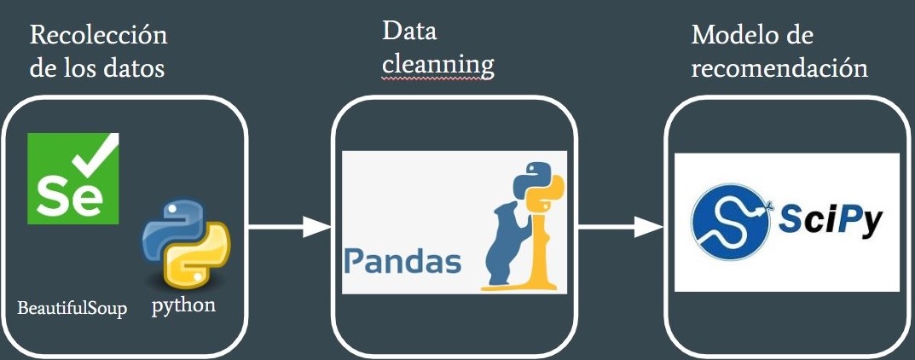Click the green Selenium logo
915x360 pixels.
click(x=73, y=178)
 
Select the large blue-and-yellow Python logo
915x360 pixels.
click(x=186, y=244)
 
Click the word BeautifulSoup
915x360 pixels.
click(x=72, y=308)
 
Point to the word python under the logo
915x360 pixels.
click(x=184, y=305)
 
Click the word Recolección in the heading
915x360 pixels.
click(x=99, y=36)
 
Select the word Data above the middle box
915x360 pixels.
click(x=409, y=32)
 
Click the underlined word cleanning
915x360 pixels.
click(x=438, y=66)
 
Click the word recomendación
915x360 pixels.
click(x=779, y=69)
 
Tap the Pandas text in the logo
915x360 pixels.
click(x=402, y=263)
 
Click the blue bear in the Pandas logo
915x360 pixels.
click(x=509, y=242)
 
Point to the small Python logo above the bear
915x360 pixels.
click(x=538, y=187)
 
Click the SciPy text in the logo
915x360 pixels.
click(x=832, y=222)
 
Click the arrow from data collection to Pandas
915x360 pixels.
click(x=290, y=226)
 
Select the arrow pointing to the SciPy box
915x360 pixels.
click(x=621, y=226)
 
